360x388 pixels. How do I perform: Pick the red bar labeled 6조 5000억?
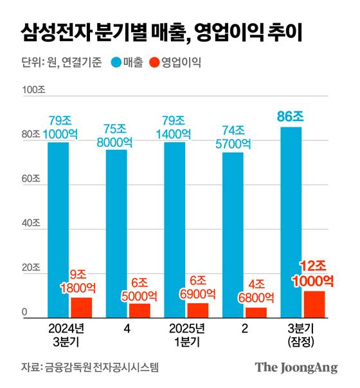139,310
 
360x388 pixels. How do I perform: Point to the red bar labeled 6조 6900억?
198,309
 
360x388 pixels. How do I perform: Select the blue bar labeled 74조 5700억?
233,234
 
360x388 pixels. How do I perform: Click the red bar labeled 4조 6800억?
256,312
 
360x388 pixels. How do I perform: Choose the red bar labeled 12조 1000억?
314,304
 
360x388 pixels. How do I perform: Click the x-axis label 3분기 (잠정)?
302,335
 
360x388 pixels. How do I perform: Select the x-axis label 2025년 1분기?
186,335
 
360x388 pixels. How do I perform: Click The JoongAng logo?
296,367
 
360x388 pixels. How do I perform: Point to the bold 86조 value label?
291,116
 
